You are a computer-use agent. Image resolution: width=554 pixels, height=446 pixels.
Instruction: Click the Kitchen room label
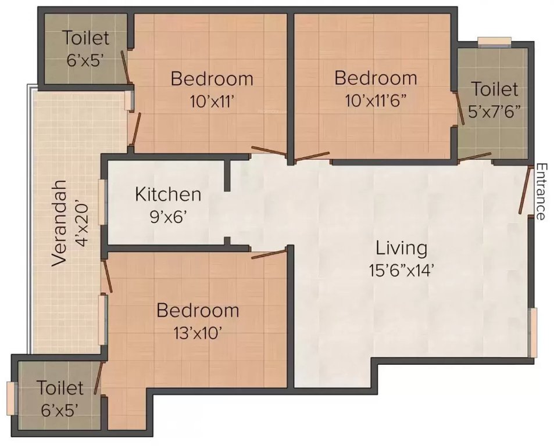[x=168, y=194]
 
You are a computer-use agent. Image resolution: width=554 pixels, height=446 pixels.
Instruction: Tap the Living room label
[x=401, y=248]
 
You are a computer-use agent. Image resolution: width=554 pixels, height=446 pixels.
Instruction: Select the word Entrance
[x=540, y=192]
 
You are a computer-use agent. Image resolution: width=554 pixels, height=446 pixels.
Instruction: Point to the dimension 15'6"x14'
[x=401, y=270]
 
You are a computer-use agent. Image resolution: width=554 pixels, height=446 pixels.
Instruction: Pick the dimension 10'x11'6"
[x=376, y=100]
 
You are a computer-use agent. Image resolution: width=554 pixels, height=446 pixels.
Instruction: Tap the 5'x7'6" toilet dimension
[x=494, y=112]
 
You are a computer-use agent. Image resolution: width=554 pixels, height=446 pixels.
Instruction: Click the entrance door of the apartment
[x=526, y=190]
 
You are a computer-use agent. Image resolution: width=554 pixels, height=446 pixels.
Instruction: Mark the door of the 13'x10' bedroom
[x=269, y=253]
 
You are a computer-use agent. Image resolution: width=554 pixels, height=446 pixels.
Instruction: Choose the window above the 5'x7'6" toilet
[x=494, y=41]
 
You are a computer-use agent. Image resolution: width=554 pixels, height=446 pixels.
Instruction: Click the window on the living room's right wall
[x=532, y=332]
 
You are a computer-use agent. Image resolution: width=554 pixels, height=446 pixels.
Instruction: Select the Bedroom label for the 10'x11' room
[x=212, y=78]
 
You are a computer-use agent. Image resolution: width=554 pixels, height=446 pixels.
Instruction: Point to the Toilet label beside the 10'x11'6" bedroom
[x=494, y=89]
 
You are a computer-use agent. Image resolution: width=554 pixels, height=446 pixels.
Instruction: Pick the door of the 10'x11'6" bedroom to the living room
[x=312, y=156]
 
